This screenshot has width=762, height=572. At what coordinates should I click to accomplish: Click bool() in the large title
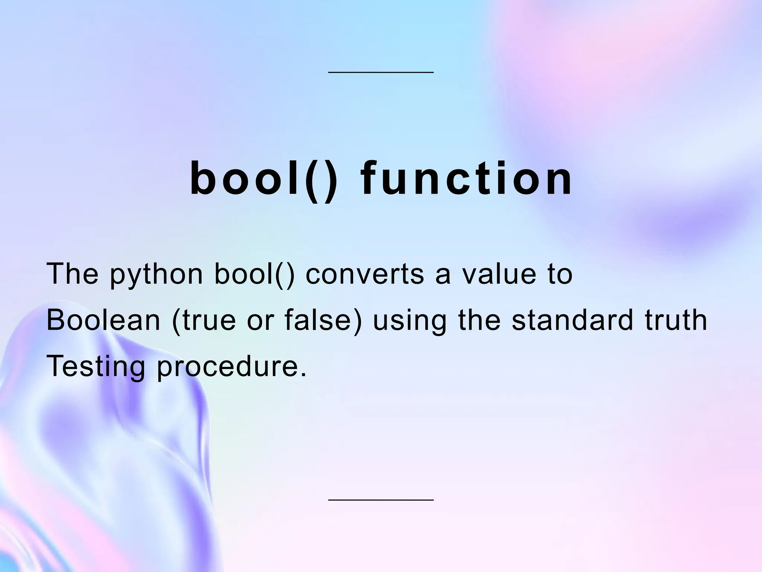(x=264, y=179)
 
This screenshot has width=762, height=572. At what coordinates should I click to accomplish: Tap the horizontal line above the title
(x=381, y=72)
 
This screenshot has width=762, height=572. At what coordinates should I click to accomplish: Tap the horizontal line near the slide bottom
(x=381, y=500)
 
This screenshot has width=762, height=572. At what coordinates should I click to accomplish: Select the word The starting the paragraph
(x=73, y=274)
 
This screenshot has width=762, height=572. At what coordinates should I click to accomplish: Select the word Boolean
(x=103, y=320)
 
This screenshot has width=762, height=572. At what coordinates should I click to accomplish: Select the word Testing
(x=96, y=367)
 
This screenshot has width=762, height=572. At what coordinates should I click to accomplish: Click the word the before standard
(x=480, y=320)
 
